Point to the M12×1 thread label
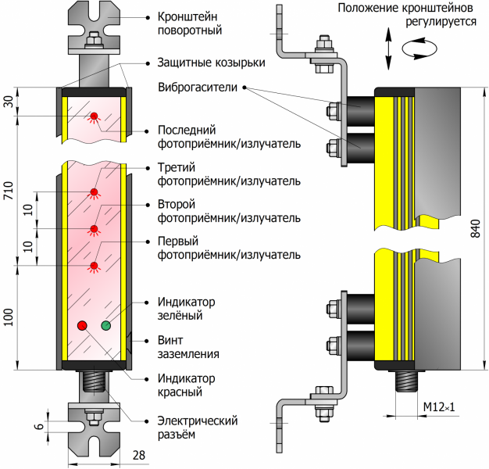tap(439, 408)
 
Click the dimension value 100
tap(9, 317)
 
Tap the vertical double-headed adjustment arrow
tap(387, 48)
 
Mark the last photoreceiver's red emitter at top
tap(95, 117)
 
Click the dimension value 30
tap(9, 102)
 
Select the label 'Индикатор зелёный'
tap(186, 309)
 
